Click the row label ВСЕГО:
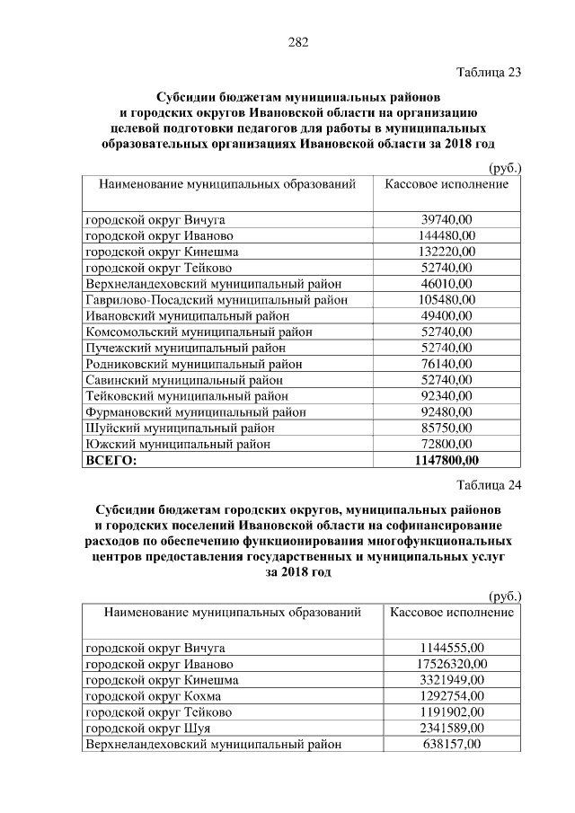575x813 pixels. (x=111, y=460)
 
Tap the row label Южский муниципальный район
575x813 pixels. (x=177, y=444)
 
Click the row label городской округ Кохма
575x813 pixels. (x=153, y=695)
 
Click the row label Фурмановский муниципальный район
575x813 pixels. (x=195, y=411)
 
